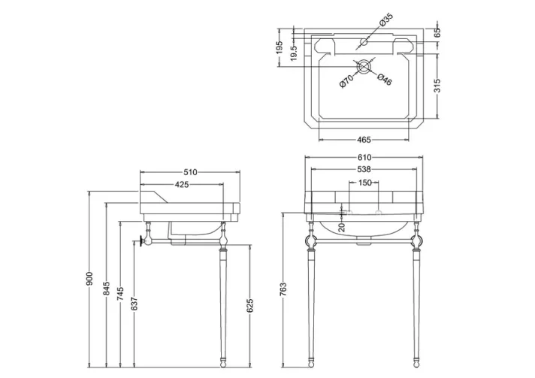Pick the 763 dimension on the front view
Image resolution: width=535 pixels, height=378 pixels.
(283, 289)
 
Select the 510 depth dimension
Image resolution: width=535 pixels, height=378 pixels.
(189, 172)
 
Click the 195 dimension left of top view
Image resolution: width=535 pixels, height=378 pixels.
(279, 48)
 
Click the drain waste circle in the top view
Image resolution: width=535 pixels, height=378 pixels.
(364, 65)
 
